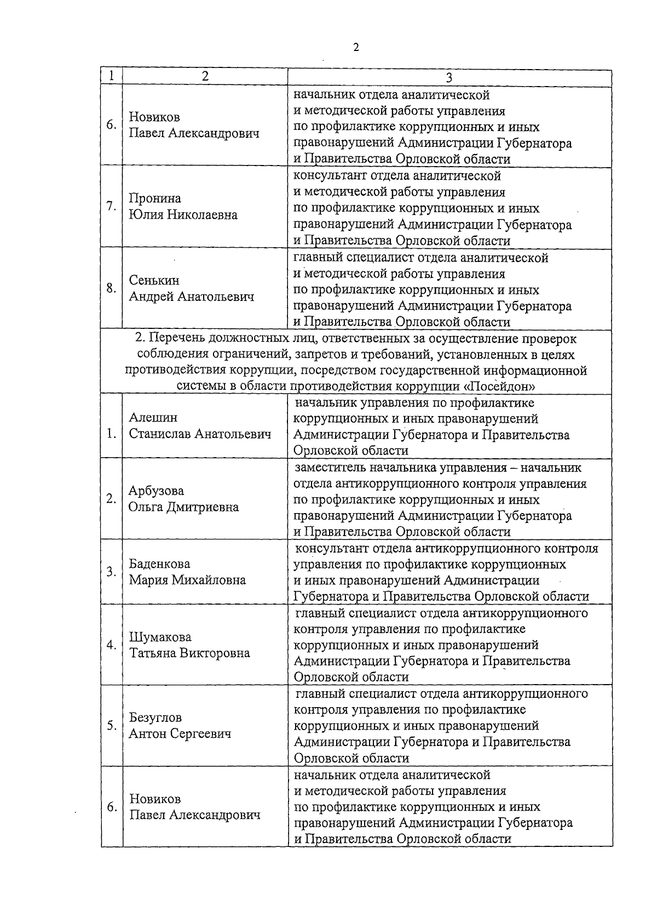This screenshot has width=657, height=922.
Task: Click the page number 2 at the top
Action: tap(356, 48)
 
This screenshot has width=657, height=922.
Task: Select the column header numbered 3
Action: tap(449, 77)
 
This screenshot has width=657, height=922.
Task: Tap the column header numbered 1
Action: tap(111, 76)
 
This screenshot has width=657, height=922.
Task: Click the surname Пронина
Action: tap(155, 198)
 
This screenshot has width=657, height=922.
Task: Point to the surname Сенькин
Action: tap(154, 280)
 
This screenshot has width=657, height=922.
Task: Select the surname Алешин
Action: tap(153, 418)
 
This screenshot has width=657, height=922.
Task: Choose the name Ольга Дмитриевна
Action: tap(183, 507)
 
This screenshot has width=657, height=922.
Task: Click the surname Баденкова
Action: tap(159, 564)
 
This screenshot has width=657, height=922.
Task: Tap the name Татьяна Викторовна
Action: tap(189, 653)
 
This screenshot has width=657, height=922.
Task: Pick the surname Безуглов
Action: tap(155, 718)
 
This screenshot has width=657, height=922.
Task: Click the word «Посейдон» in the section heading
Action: tap(499, 386)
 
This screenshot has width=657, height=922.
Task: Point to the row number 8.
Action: tap(111, 288)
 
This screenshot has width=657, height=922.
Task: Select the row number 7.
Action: tap(111, 206)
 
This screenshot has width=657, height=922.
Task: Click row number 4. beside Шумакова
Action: tap(112, 645)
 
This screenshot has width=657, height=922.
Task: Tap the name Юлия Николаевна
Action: tap(183, 215)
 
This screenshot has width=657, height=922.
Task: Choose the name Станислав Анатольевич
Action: tap(200, 434)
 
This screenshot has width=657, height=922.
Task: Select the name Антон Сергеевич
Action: tap(180, 734)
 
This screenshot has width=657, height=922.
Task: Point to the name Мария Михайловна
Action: tap(187, 580)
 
